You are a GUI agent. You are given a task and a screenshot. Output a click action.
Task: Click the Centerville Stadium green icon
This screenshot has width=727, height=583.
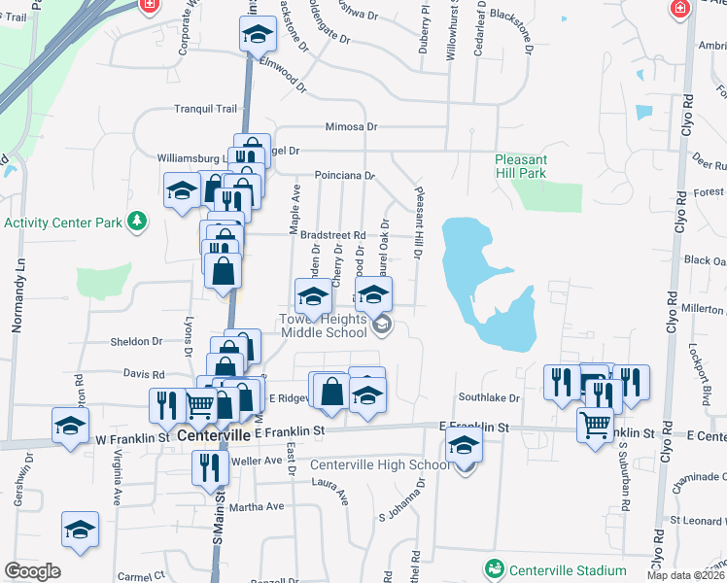tap(495, 568)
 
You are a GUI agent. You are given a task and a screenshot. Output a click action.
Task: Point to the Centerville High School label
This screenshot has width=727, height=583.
tap(380, 464)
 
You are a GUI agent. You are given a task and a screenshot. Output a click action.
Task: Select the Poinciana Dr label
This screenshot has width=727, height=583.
tap(344, 176)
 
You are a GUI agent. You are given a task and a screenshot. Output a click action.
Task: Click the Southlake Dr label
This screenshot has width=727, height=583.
tap(490, 397)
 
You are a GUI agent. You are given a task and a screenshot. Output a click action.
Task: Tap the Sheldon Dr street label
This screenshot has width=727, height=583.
tap(135, 341)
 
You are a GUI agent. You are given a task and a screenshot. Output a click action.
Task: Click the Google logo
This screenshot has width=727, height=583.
tap(32, 571)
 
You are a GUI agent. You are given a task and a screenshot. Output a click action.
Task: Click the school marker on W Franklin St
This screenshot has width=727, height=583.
tap(70, 425)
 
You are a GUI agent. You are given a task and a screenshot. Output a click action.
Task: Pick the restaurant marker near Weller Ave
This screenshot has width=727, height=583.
tap(211, 467)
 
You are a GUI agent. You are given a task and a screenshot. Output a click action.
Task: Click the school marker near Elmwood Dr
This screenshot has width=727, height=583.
tap(257, 35)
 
